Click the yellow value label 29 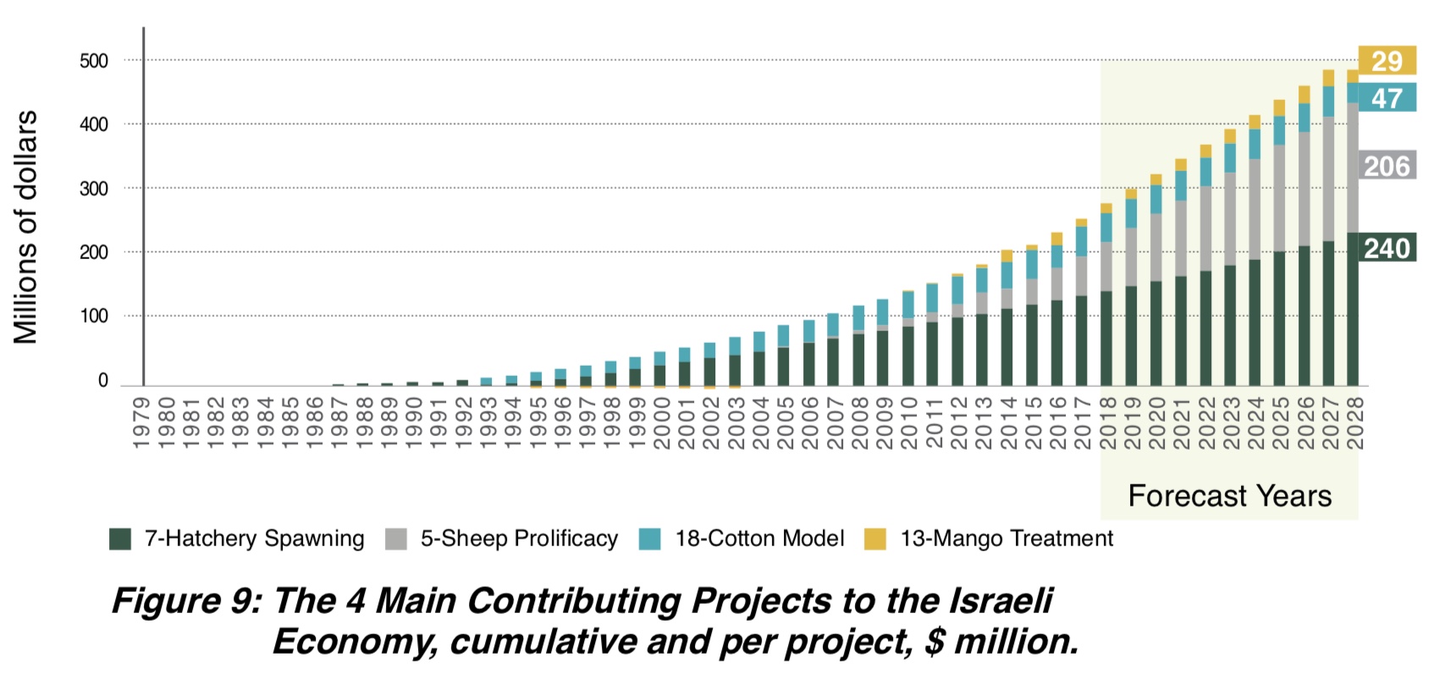coord(1387,61)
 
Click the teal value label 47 coord(1387,98)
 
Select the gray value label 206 coord(1387,166)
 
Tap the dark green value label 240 coord(1387,248)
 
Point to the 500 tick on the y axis coord(94,61)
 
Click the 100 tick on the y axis coord(94,317)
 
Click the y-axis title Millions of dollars coord(26,227)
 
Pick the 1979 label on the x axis coord(141,422)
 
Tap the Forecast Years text coord(1229,495)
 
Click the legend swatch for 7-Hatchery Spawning coord(120,539)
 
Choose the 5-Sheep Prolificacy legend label coord(519,539)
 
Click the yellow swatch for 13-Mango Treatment coord(875,539)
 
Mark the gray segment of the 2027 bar coord(1328,179)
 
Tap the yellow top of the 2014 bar coord(1007,256)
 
